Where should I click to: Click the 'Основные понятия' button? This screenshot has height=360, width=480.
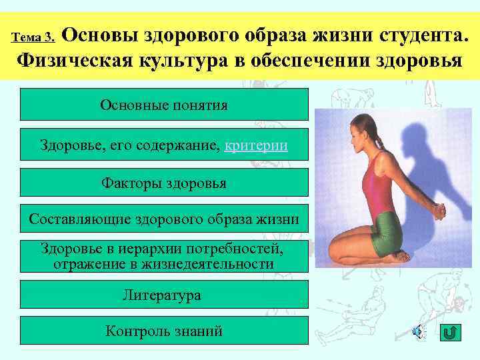164,105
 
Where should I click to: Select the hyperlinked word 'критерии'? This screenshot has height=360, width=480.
257,145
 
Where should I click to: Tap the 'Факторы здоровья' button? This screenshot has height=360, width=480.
164,183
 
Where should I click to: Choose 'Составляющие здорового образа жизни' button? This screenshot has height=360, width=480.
164,219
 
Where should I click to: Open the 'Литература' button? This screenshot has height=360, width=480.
164,295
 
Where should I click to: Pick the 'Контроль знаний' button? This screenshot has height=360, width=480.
164,331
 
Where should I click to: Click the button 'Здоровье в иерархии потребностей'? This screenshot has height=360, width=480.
164,256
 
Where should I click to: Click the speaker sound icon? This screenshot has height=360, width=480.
417,331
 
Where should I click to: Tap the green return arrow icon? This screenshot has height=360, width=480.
450,331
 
